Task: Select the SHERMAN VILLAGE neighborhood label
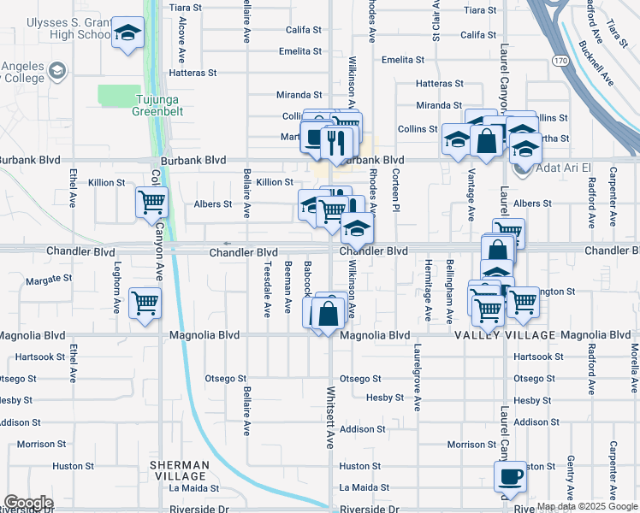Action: [179, 469]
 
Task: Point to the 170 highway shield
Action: [560, 61]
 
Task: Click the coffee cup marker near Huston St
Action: [511, 476]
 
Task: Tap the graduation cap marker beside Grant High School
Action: [128, 34]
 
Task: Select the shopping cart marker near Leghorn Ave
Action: [145, 303]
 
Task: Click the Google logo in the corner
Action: [28, 503]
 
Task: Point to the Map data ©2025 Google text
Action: [587, 506]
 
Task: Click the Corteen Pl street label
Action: [396, 189]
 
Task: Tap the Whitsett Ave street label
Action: [330, 417]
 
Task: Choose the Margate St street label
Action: [47, 280]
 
